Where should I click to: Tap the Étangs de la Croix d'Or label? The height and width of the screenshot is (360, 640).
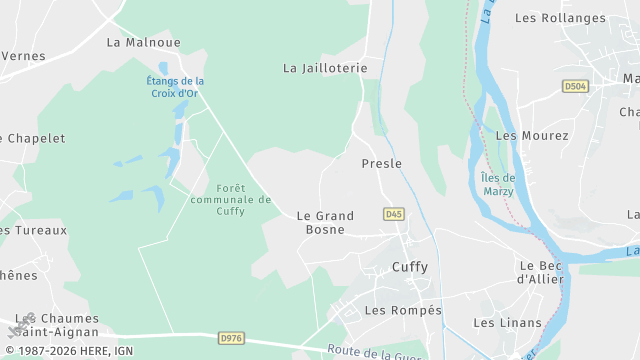coord(175,88)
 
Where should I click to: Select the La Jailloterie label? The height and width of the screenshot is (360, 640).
coord(325,68)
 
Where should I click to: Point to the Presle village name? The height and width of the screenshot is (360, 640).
coord(381,163)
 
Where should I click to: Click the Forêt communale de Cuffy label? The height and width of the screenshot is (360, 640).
coord(230,199)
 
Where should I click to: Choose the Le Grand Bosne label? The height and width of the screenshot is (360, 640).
coord(325,222)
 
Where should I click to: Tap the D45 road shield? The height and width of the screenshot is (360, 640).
coord(393,214)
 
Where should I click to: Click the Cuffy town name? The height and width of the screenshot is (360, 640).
coord(409,267)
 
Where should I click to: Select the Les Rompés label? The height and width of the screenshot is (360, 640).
coord(403,311)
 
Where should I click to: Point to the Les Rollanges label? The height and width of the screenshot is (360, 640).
coord(560,18)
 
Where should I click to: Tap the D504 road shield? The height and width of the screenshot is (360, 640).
coord(575,87)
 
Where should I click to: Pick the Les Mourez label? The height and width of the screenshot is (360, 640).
coord(532,135)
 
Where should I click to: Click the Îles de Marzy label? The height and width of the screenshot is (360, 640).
coord(497,184)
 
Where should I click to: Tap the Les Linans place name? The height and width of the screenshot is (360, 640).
coord(507,323)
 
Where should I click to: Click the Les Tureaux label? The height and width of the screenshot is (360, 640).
coord(34,230)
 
